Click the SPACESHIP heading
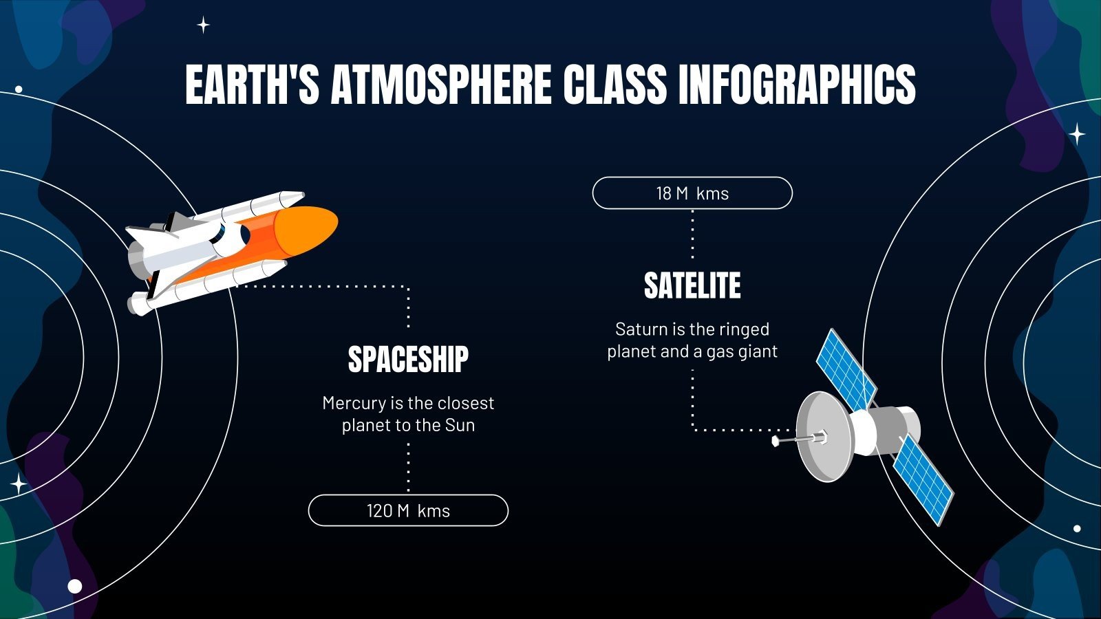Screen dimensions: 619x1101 pos(408,360)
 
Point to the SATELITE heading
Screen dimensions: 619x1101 pos(692,286)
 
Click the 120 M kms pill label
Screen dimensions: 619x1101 pos(408,511)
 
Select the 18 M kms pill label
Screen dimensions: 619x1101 pos(692,193)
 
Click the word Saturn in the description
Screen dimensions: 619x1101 pos(641,329)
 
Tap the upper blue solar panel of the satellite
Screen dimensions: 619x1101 pos(845,369)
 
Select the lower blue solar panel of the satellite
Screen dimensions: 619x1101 pos(923,479)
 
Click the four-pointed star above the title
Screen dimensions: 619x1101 pos(204,25)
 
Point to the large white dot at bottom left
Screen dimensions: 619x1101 pos(75,587)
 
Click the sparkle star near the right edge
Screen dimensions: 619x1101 pos(1077,133)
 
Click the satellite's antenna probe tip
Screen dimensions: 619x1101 pos(776,441)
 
